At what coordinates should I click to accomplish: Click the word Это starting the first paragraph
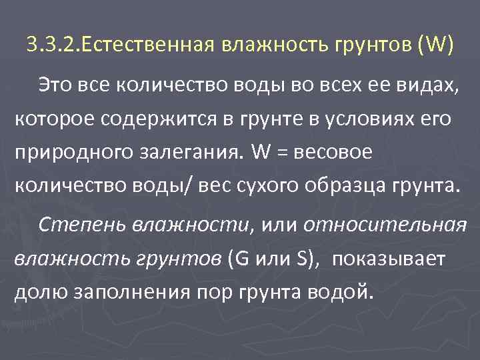click(x=56, y=85)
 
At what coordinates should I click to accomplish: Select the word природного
click(x=63, y=152)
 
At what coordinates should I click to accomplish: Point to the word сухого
click(x=270, y=185)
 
